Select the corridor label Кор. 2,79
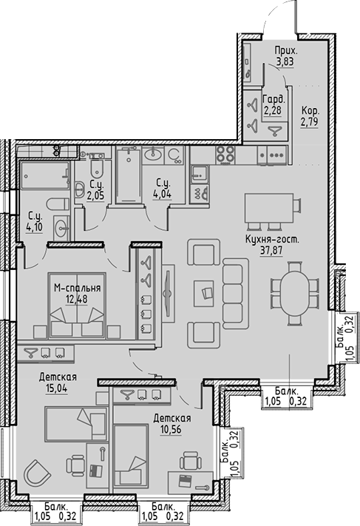pyautogui.click(x=310, y=116)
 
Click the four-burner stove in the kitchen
pyautogui.click(x=225, y=155)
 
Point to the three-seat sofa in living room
pyautogui.click(x=236, y=289)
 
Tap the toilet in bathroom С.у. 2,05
pyautogui.click(x=80, y=189)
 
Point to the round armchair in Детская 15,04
pyautogui.click(x=35, y=471)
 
